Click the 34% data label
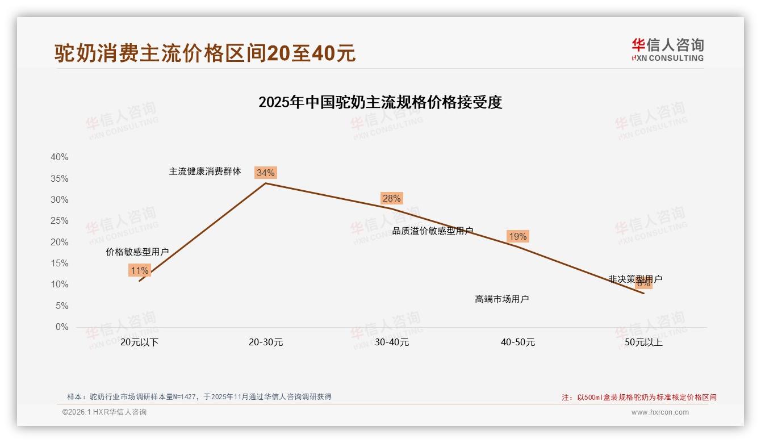[265, 173]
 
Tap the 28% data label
[391, 198]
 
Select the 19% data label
[517, 236]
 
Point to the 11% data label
[139, 270]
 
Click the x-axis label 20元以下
[139, 342]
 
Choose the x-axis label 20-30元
[266, 342]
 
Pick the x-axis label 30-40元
[392, 342]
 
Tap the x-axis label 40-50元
[518, 342]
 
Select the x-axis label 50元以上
[643, 342]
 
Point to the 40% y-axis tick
[59, 157]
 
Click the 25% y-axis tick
[59, 221]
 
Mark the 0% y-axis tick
[61, 327]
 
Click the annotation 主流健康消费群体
[205, 171]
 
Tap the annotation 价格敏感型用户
[137, 252]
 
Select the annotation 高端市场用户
[502, 299]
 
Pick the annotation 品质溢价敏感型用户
[433, 231]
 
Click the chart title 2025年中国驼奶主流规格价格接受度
[380, 102]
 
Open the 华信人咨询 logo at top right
[667, 49]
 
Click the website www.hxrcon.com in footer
[660, 412]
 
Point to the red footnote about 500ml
[639, 398]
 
